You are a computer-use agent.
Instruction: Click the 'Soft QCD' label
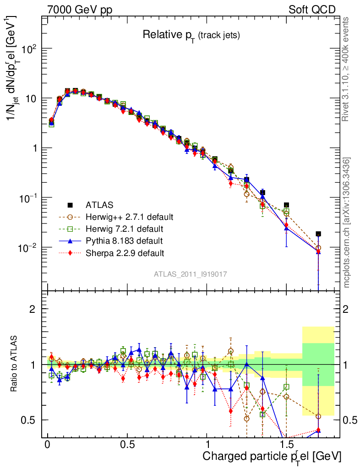pyautogui.click(x=312, y=10)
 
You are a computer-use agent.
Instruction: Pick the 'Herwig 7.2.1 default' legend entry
pyautogui.click(x=125, y=228)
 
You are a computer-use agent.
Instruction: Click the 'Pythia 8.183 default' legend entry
pyautogui.click(x=124, y=240)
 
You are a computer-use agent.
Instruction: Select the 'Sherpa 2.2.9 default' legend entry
pyautogui.click(x=125, y=252)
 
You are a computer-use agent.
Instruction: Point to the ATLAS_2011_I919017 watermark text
pyautogui.click(x=191, y=274)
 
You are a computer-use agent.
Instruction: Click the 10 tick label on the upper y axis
pyautogui.click(x=32, y=98)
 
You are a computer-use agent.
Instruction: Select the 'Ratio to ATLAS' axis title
pyautogui.click(x=15, y=364)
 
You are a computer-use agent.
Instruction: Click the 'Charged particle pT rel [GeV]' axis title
pyautogui.click(x=272, y=457)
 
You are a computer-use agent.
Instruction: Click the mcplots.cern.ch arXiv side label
pyautogui.click(x=347, y=223)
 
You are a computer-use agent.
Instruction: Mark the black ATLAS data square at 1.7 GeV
pyautogui.click(x=318, y=234)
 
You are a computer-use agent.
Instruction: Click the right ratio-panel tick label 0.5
pyautogui.click(x=350, y=420)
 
